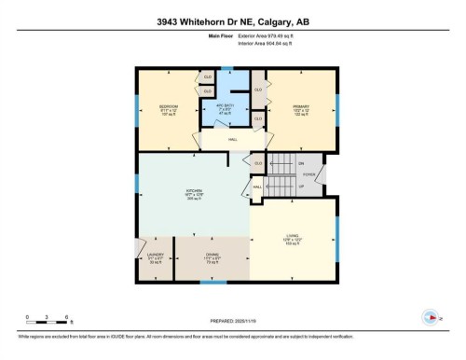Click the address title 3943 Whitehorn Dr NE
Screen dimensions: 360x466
232,23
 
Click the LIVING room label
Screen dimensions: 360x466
291,237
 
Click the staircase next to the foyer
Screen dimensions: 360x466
279,173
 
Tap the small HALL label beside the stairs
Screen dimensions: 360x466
257,187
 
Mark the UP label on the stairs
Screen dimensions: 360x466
300,184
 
